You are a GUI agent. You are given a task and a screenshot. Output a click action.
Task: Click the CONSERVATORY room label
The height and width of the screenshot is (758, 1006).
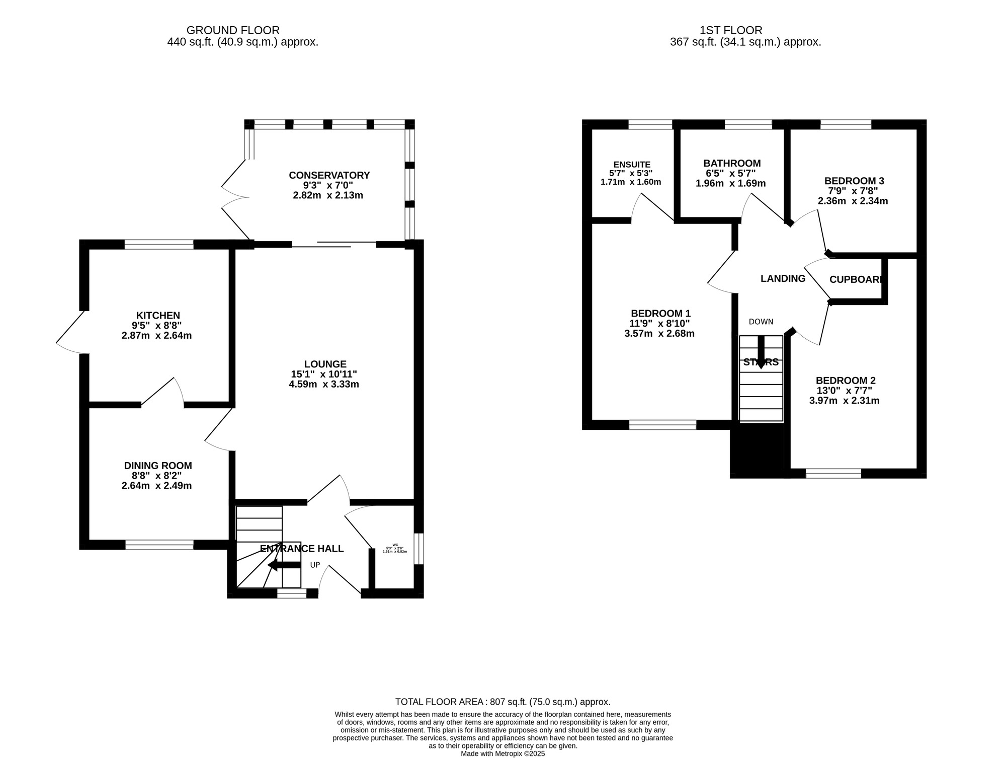(329, 175)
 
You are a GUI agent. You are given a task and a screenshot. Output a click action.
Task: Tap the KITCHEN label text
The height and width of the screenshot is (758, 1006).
(157, 316)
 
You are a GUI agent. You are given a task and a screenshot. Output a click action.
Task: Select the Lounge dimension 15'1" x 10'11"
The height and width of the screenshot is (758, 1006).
(324, 374)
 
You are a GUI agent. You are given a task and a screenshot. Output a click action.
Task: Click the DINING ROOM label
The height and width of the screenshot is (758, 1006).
(158, 466)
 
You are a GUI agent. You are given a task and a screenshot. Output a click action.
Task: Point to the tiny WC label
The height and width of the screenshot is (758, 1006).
(395, 545)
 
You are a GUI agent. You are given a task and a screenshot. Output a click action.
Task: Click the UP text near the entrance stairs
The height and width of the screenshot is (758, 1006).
(315, 565)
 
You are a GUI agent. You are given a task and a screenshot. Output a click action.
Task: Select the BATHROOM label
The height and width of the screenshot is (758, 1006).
(732, 164)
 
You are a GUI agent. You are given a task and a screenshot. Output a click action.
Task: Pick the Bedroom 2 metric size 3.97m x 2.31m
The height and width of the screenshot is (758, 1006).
(845, 401)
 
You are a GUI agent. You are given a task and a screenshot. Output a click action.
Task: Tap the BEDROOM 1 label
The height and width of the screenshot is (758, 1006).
(660, 314)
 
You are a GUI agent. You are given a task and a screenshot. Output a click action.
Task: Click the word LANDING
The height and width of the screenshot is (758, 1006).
(783, 279)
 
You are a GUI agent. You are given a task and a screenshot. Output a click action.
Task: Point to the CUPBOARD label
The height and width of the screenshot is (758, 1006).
(855, 280)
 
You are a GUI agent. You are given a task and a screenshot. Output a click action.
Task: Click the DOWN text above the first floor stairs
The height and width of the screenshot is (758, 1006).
(761, 322)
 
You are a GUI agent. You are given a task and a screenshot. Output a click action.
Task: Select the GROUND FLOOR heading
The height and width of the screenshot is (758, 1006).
(233, 31)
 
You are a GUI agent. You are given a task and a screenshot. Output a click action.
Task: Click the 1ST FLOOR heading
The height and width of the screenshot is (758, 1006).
(731, 31)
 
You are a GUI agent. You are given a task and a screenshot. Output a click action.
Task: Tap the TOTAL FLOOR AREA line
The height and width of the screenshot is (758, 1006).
(502, 702)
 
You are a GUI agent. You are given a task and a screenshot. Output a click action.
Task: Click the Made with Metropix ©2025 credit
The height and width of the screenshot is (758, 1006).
(502, 754)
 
